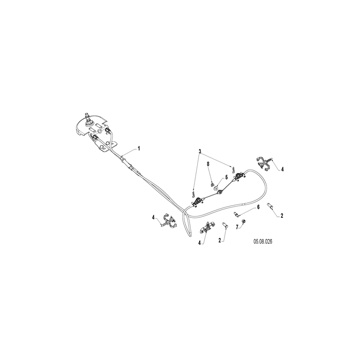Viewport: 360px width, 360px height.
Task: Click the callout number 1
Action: coord(139,148)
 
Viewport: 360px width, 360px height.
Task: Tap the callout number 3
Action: coord(200,152)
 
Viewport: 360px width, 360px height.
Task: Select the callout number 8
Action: coord(208,164)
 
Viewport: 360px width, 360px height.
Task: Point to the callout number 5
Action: coord(226,177)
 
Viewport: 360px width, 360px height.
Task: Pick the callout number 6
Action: coord(258,207)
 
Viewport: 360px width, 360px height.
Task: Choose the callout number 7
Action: coord(237,227)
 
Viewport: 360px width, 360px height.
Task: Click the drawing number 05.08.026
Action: coord(263,242)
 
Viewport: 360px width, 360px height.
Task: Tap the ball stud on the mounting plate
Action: coord(88,121)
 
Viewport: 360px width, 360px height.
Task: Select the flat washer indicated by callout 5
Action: coord(216,188)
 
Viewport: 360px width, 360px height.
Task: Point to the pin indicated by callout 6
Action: coord(237,215)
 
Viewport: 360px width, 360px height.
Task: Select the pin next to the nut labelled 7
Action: coord(237,215)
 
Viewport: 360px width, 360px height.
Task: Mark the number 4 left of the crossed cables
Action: coord(153,217)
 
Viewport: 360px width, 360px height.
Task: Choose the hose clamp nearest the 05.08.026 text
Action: coord(207,227)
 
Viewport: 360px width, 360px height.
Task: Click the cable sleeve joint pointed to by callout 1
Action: coord(125,159)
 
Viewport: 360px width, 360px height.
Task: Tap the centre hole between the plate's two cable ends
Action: coord(100,131)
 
